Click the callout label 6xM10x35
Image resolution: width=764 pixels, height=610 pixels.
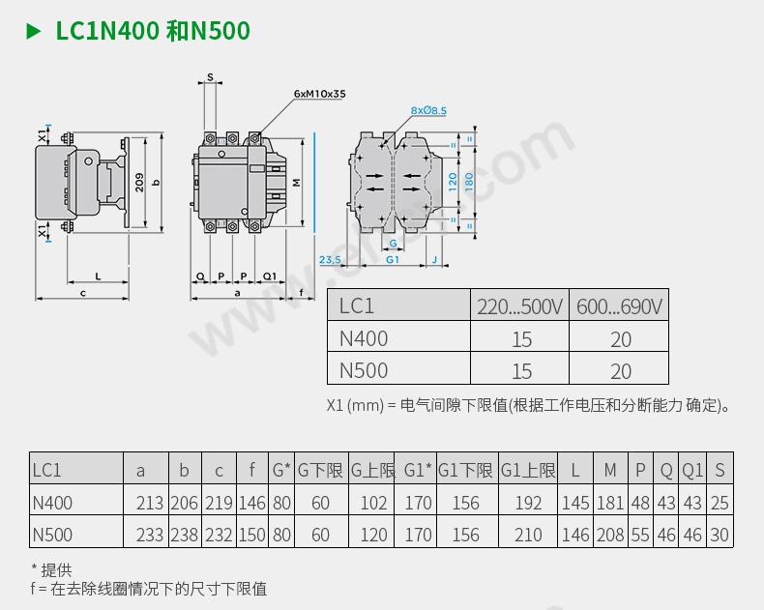319,94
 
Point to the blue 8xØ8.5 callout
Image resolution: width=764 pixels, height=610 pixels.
428,111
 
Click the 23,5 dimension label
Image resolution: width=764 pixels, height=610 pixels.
330,260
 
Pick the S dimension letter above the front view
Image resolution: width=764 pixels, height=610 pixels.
210,76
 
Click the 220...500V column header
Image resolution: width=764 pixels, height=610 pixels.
519,306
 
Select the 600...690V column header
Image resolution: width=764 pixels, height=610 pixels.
619,306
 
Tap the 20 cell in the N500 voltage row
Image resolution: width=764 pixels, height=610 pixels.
620,371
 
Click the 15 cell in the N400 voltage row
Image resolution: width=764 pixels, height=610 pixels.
521,339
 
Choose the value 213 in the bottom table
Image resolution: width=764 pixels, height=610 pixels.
150,503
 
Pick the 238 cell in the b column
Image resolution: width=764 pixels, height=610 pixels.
184,535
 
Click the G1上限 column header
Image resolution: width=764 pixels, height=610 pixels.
528,471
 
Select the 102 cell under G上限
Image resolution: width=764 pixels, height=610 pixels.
372,503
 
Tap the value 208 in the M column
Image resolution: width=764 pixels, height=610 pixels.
609,535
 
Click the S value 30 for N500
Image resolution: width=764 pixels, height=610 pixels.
719,535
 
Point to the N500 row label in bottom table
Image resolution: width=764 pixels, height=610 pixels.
52,535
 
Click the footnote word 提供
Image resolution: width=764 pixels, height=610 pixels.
56,570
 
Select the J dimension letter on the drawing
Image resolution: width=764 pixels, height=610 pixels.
433,260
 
